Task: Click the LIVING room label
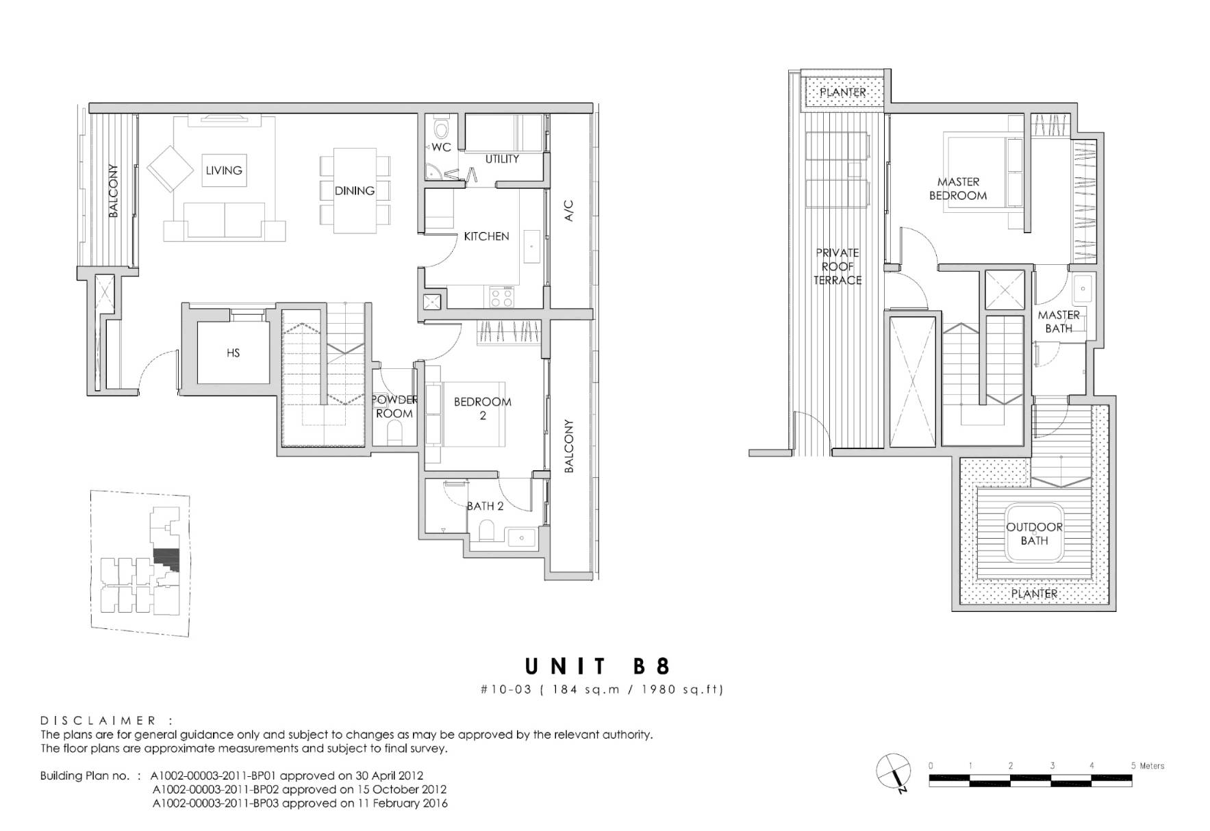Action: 224,170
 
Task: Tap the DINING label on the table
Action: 355,191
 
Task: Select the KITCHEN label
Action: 486,236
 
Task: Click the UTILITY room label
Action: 502,159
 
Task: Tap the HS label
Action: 233,353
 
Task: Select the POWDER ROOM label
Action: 394,407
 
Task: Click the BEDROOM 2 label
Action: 483,408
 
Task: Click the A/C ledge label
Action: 569,210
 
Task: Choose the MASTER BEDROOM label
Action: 958,189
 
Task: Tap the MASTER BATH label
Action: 1059,322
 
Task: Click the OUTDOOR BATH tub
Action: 1034,533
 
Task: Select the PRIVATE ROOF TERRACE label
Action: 837,266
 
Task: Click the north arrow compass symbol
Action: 894,771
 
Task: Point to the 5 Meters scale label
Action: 1148,766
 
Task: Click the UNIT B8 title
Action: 598,666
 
